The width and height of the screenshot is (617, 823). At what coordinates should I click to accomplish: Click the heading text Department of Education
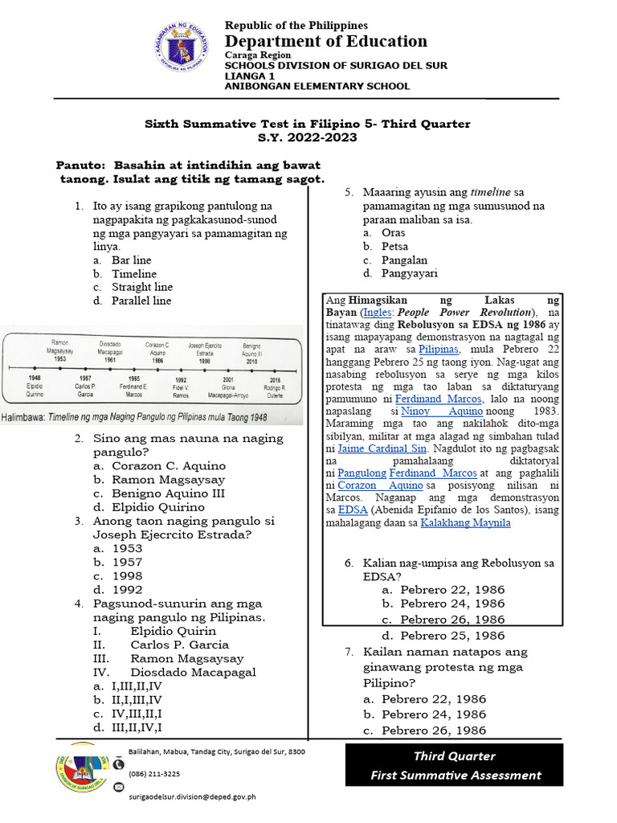tap(325, 41)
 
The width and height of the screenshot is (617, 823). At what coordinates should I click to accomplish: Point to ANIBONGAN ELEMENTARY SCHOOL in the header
tap(317, 86)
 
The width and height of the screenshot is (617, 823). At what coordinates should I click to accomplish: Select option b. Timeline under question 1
tap(133, 274)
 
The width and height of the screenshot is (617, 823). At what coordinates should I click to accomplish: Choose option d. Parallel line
tap(141, 301)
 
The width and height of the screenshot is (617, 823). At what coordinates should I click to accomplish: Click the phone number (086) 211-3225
tap(154, 774)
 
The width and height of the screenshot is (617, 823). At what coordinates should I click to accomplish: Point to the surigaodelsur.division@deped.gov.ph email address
tap(192, 796)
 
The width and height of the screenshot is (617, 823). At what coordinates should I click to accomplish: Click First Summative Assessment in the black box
tap(455, 775)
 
